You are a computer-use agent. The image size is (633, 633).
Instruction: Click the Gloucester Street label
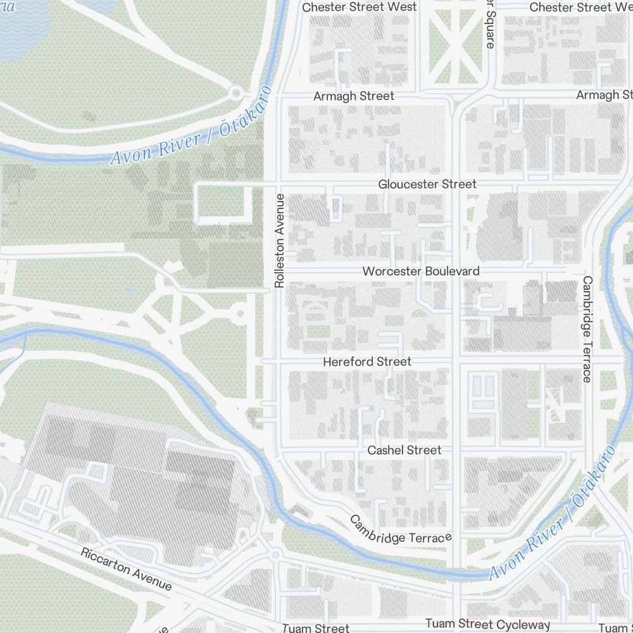coord(427,184)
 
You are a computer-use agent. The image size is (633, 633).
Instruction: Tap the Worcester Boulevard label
coord(420,271)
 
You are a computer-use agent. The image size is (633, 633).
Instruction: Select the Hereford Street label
coord(367,362)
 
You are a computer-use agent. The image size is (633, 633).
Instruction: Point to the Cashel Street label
coord(404,450)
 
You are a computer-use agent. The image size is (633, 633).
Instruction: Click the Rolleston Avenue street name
coord(280,241)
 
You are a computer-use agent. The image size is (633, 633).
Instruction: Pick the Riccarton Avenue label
coord(126,569)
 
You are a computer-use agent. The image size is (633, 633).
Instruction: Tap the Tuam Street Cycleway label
coord(487,624)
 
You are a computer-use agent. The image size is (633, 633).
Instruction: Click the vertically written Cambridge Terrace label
coord(587,329)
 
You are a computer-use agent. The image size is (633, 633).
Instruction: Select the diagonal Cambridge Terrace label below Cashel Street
coord(401,530)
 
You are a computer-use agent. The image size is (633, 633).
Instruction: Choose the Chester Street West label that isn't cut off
coord(360,7)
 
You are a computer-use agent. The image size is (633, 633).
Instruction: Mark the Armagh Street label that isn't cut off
coord(354,96)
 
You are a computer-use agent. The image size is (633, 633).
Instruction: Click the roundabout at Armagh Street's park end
coord(237,94)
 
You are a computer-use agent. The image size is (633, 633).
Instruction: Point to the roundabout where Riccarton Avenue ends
coord(275,556)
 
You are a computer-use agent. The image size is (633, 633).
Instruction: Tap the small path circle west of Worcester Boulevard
coord(239,313)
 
